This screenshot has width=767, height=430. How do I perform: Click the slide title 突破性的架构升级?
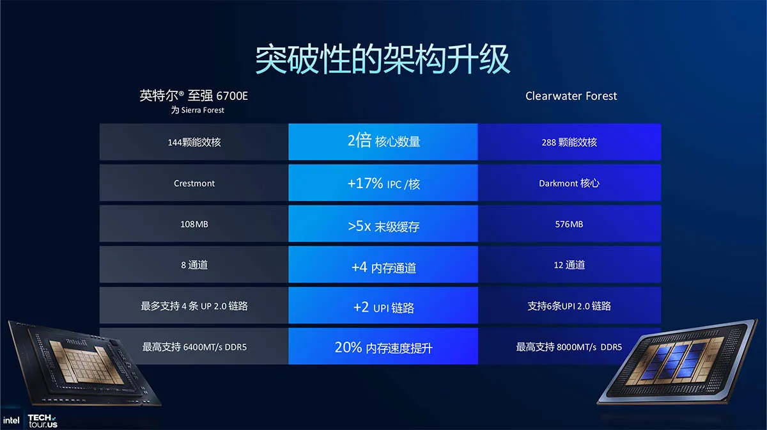383,59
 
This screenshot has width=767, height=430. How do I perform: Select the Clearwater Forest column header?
571,96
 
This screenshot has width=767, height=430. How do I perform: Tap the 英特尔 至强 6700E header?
194,96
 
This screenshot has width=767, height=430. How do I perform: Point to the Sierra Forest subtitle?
198,110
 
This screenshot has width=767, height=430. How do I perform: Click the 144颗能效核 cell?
194,142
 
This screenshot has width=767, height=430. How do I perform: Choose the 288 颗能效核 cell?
569,142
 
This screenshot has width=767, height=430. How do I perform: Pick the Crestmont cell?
194,183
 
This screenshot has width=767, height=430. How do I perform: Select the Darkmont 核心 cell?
569,183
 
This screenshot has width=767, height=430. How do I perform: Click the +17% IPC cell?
383,183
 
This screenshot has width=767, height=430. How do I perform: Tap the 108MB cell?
194,224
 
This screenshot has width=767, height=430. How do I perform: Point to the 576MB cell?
569,224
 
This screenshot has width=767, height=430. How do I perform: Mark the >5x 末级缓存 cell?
383,224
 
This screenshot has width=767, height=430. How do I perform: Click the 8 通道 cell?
194,265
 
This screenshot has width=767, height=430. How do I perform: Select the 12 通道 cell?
569,265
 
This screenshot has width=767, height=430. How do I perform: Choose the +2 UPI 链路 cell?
383,305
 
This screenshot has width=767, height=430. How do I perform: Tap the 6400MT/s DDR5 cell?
194,346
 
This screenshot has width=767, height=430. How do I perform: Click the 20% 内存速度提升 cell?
383,346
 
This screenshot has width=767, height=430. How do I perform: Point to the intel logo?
12,420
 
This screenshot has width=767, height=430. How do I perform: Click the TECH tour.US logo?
42,421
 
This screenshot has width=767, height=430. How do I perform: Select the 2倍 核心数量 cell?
383,142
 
